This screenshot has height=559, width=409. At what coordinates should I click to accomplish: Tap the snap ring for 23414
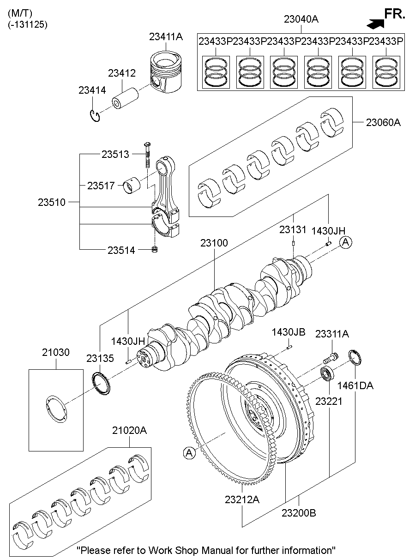[96, 116]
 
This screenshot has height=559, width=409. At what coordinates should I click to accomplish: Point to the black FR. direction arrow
[376, 22]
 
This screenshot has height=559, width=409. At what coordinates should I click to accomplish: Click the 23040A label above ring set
[301, 19]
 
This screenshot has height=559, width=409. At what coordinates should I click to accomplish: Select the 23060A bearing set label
[383, 122]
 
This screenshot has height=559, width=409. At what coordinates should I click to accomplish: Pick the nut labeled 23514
[156, 250]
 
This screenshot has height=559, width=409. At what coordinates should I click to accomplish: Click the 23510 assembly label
[52, 202]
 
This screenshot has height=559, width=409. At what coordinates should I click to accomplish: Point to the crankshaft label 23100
[214, 243]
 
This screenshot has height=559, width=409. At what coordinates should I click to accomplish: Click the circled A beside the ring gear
[188, 453]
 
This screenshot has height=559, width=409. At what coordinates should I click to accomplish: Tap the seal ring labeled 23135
[101, 384]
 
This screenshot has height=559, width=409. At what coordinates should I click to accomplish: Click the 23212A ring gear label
[242, 499]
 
